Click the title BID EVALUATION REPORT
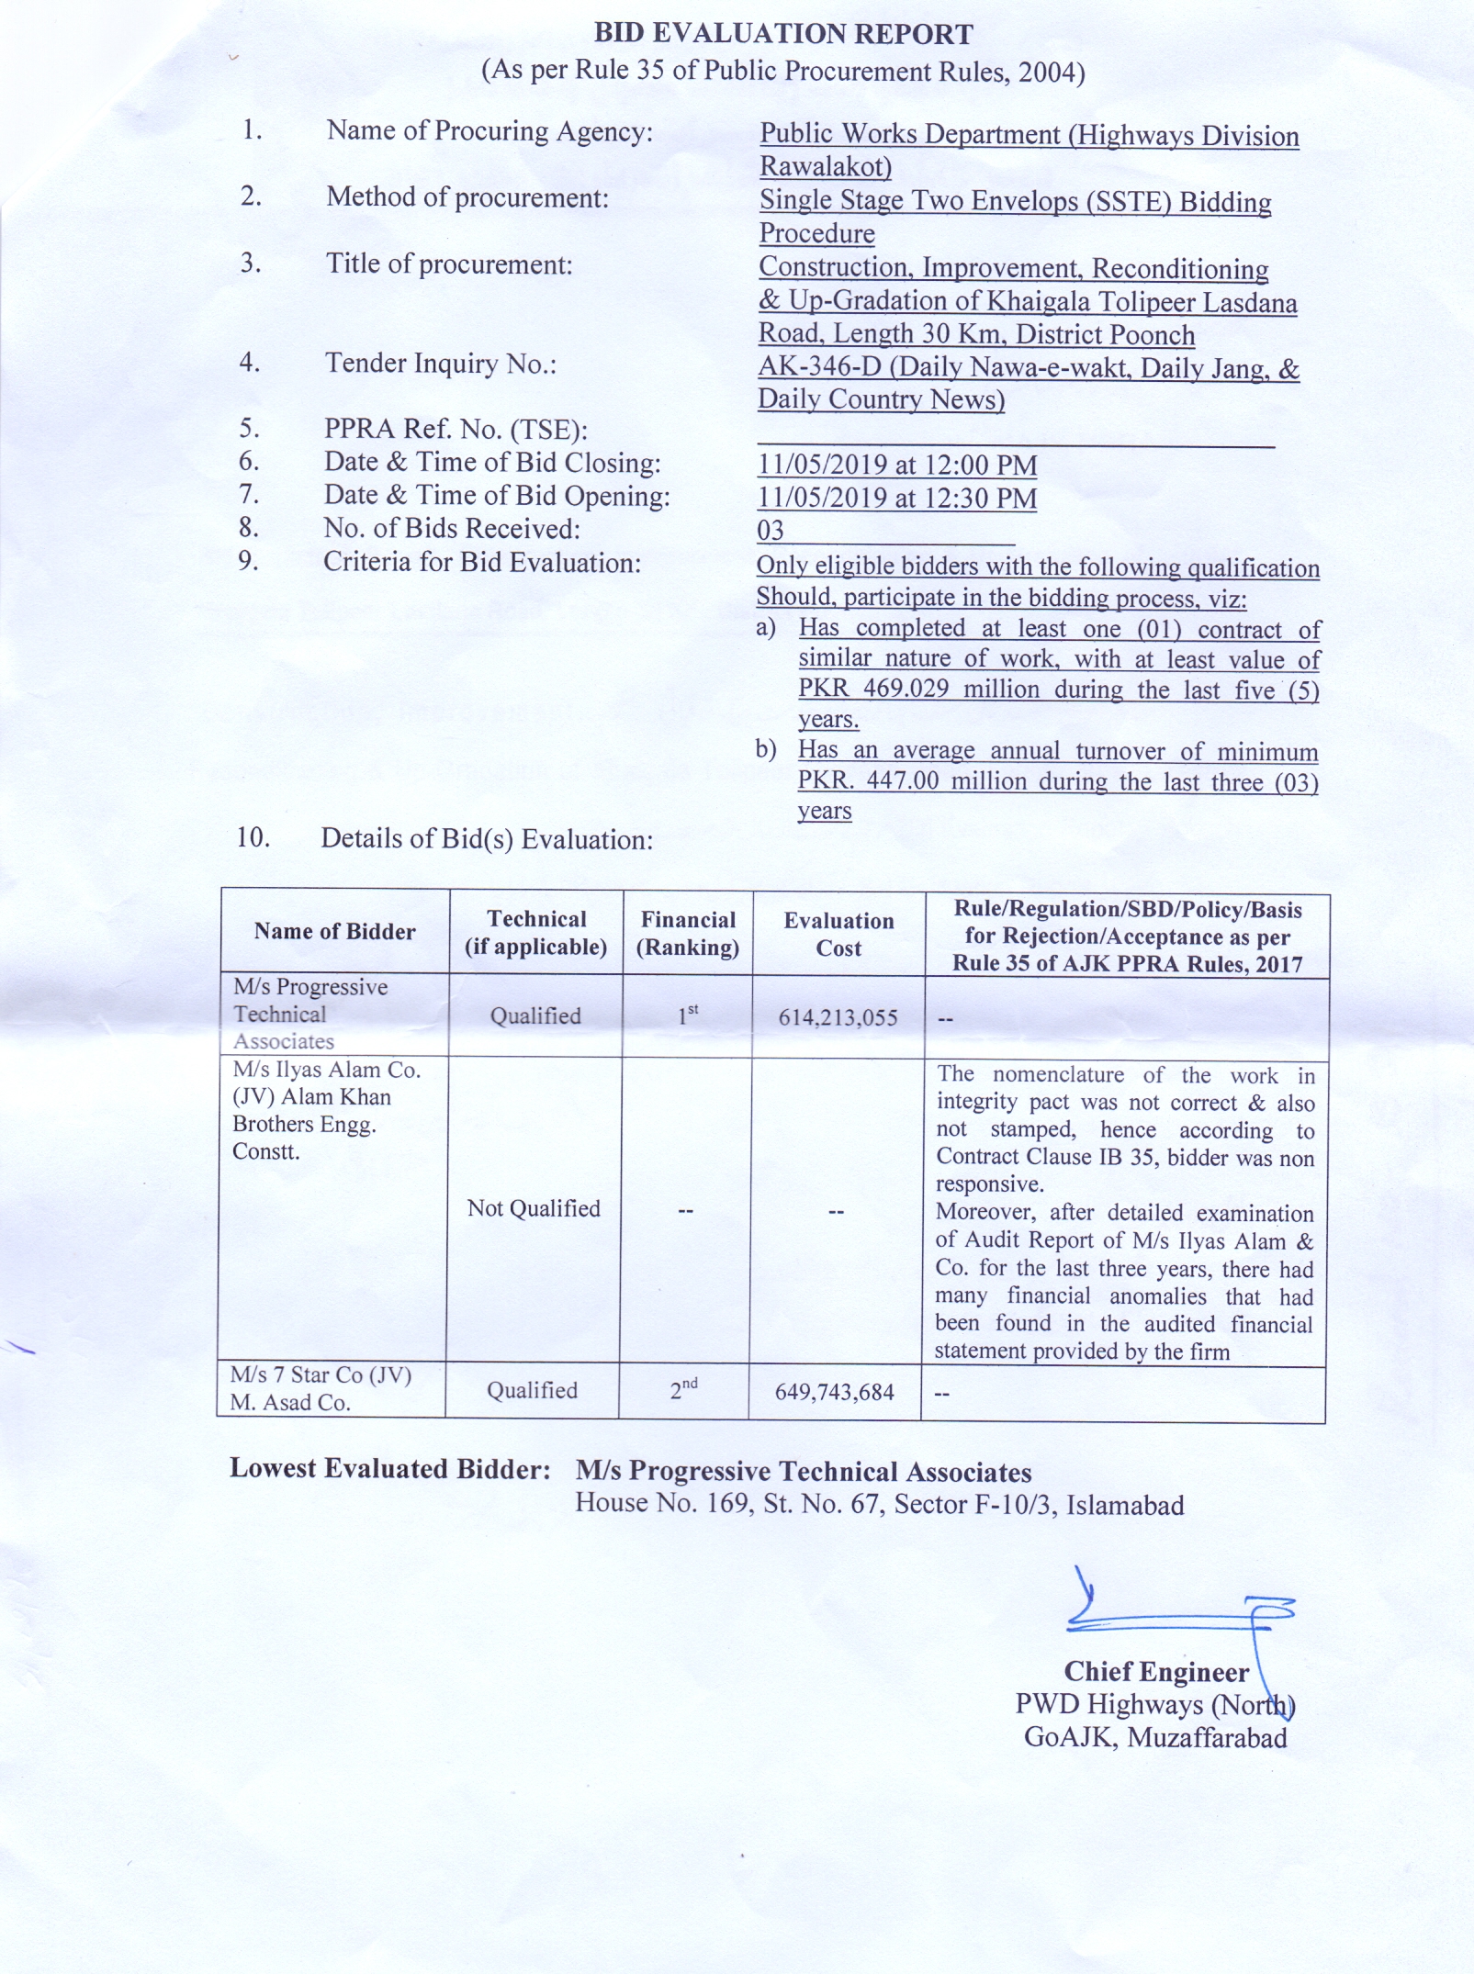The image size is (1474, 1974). pos(783,34)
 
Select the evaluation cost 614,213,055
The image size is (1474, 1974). pos(838,1017)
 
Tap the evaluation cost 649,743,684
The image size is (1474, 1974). pos(834,1392)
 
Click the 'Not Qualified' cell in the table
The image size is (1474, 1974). pos(534,1208)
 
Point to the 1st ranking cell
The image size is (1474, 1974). pos(688,1015)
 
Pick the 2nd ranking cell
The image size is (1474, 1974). pos(683,1389)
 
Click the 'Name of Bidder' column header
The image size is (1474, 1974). pos(335,931)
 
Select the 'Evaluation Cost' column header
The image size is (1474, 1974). pos(838,935)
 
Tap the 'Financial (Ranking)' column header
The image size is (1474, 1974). pos(688,934)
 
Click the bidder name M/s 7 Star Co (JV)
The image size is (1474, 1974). pos(321,1375)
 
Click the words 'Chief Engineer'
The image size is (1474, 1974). pos(1156,1672)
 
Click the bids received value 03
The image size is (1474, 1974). pos(771,531)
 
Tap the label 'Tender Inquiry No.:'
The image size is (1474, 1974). pos(441,364)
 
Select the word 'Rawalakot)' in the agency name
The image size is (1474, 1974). pos(826,167)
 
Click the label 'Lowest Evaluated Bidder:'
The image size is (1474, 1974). pos(389,1469)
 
